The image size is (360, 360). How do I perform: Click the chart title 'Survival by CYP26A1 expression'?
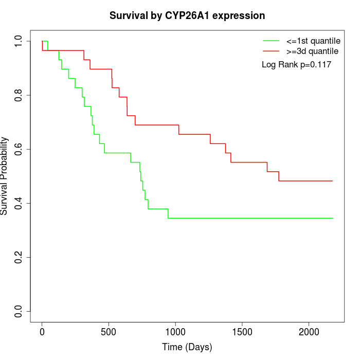click(x=187, y=15)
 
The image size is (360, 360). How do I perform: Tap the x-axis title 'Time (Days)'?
click(x=187, y=347)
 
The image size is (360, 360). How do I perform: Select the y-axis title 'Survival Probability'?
click(x=5, y=176)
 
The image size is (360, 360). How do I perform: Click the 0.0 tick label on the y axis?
click(x=19, y=311)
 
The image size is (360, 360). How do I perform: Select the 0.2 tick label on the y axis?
click(x=19, y=257)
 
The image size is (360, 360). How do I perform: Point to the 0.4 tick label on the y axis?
click(x=19, y=203)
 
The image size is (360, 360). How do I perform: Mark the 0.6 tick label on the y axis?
click(x=19, y=149)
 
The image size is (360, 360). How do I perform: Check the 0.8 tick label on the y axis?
click(x=19, y=95)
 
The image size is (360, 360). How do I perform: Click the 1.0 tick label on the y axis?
click(x=19, y=41)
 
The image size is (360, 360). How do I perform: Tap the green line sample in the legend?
click(x=271, y=41)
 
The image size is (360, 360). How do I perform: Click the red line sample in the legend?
click(x=271, y=51)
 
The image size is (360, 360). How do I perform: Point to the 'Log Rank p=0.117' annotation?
click(x=296, y=65)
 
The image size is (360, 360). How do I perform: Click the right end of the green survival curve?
click(x=333, y=218)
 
